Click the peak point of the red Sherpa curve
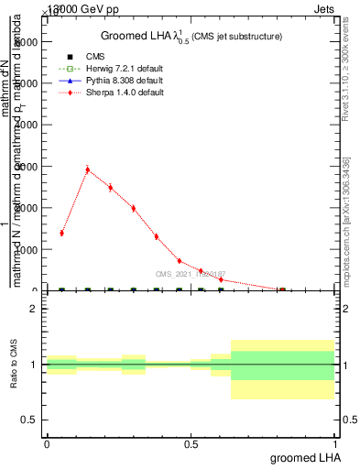(x=87, y=169)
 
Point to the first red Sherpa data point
(x=61, y=233)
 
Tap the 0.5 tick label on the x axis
(x=191, y=442)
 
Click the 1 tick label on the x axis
(x=336, y=442)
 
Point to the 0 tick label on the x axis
(x=47, y=442)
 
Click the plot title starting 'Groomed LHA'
(x=191, y=36)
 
